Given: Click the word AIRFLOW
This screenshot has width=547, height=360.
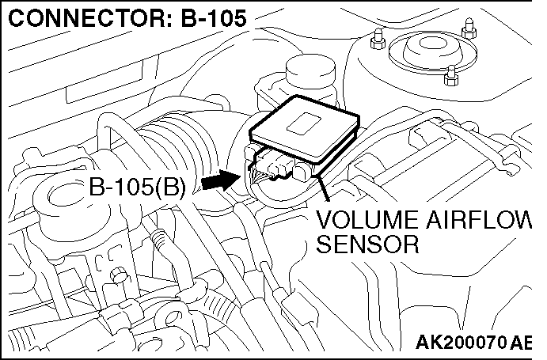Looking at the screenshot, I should [x=482, y=222].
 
